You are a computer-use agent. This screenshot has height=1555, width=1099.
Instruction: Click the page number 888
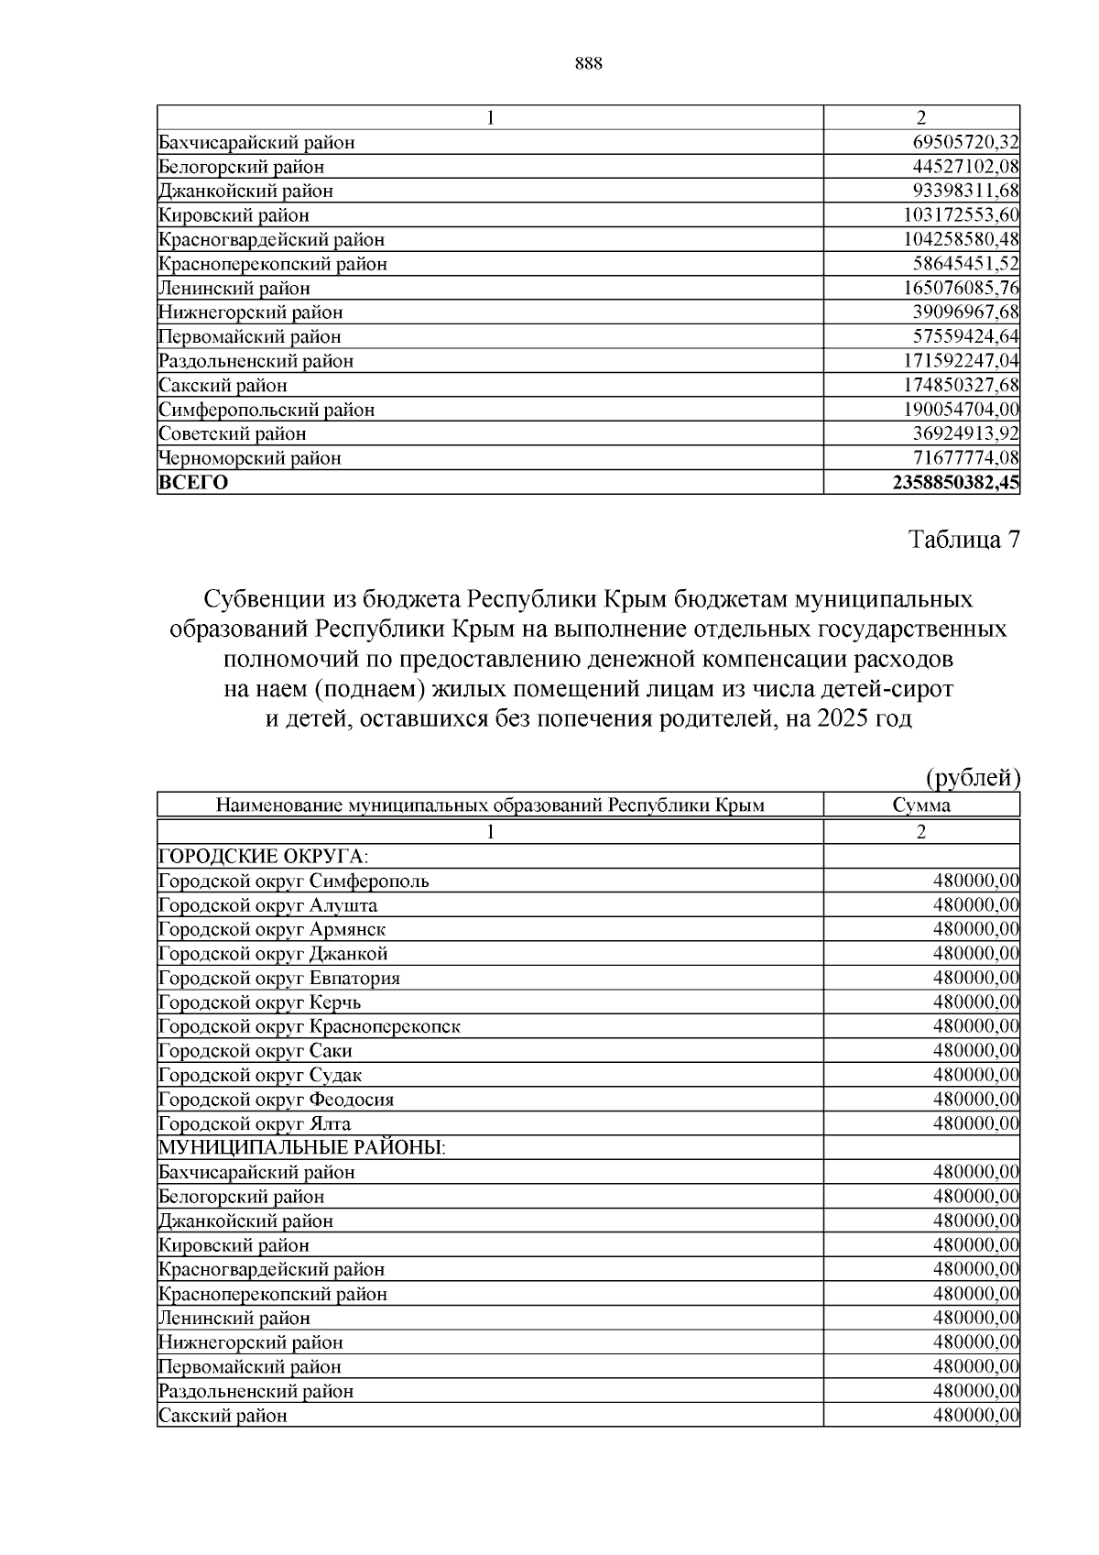(x=588, y=63)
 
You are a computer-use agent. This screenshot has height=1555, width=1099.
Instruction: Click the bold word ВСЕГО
(x=193, y=483)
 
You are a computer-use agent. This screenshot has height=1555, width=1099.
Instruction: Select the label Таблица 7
(x=964, y=540)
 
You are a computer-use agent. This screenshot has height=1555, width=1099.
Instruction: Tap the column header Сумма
(x=921, y=805)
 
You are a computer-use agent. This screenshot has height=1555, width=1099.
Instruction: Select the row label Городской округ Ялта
(x=255, y=1124)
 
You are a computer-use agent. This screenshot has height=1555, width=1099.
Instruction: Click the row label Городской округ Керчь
(x=260, y=1002)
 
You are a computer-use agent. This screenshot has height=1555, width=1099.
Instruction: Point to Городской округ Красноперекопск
(x=310, y=1026)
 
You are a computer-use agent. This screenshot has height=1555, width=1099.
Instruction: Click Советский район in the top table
(x=233, y=434)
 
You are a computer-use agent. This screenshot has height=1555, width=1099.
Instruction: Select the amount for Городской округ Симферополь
(x=975, y=882)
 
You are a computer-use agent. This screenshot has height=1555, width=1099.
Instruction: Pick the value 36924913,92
(x=966, y=434)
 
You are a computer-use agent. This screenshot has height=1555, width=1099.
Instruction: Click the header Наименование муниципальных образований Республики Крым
(x=490, y=805)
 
